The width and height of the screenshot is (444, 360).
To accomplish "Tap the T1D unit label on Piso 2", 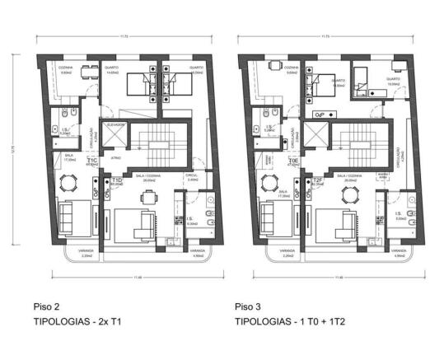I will pos(117,180).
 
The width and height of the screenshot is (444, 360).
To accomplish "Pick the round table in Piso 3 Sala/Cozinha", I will pos(351,195).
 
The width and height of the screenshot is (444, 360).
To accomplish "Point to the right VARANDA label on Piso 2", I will pos(197,251).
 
